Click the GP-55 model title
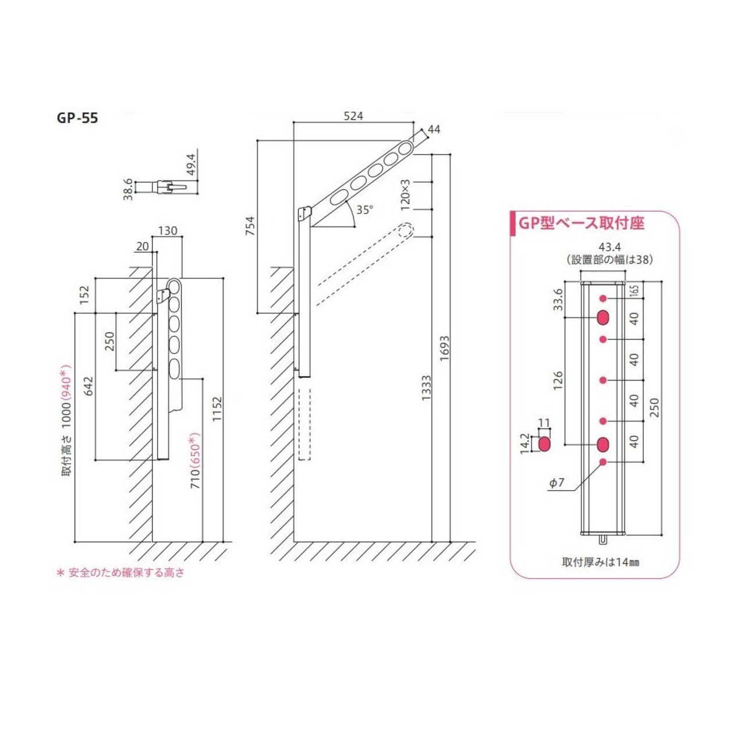(x=77, y=118)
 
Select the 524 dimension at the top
(x=353, y=116)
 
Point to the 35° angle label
(x=364, y=210)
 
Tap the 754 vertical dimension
(x=250, y=226)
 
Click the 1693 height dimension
(x=445, y=348)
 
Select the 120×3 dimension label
(x=406, y=194)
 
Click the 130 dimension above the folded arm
(x=168, y=231)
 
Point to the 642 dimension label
(x=89, y=386)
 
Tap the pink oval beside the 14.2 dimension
(x=544, y=445)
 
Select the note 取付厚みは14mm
(x=601, y=562)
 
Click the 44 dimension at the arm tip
(x=434, y=129)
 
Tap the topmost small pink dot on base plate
(x=603, y=299)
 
